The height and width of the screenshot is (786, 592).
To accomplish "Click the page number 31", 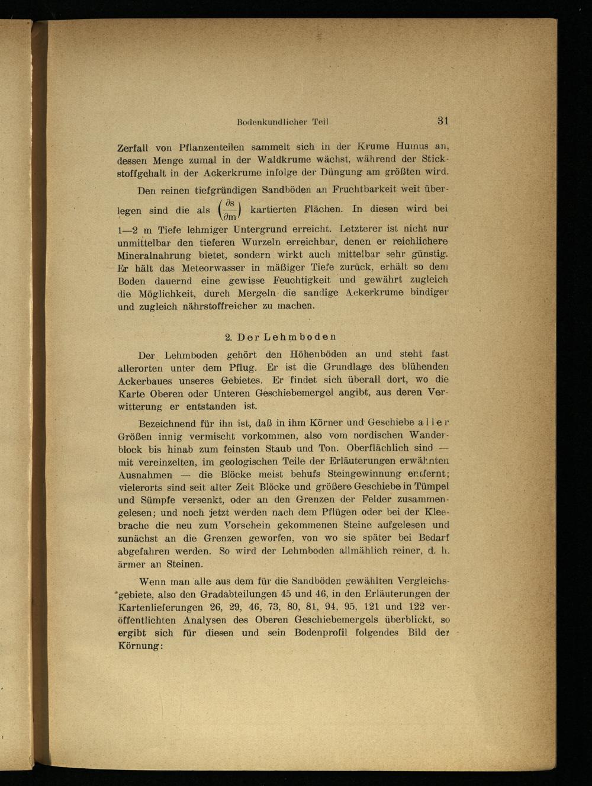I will (443, 120).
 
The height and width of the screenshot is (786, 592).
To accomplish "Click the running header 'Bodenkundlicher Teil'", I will (282, 122).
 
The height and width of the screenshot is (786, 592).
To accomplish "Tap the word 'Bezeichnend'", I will (168, 424).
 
